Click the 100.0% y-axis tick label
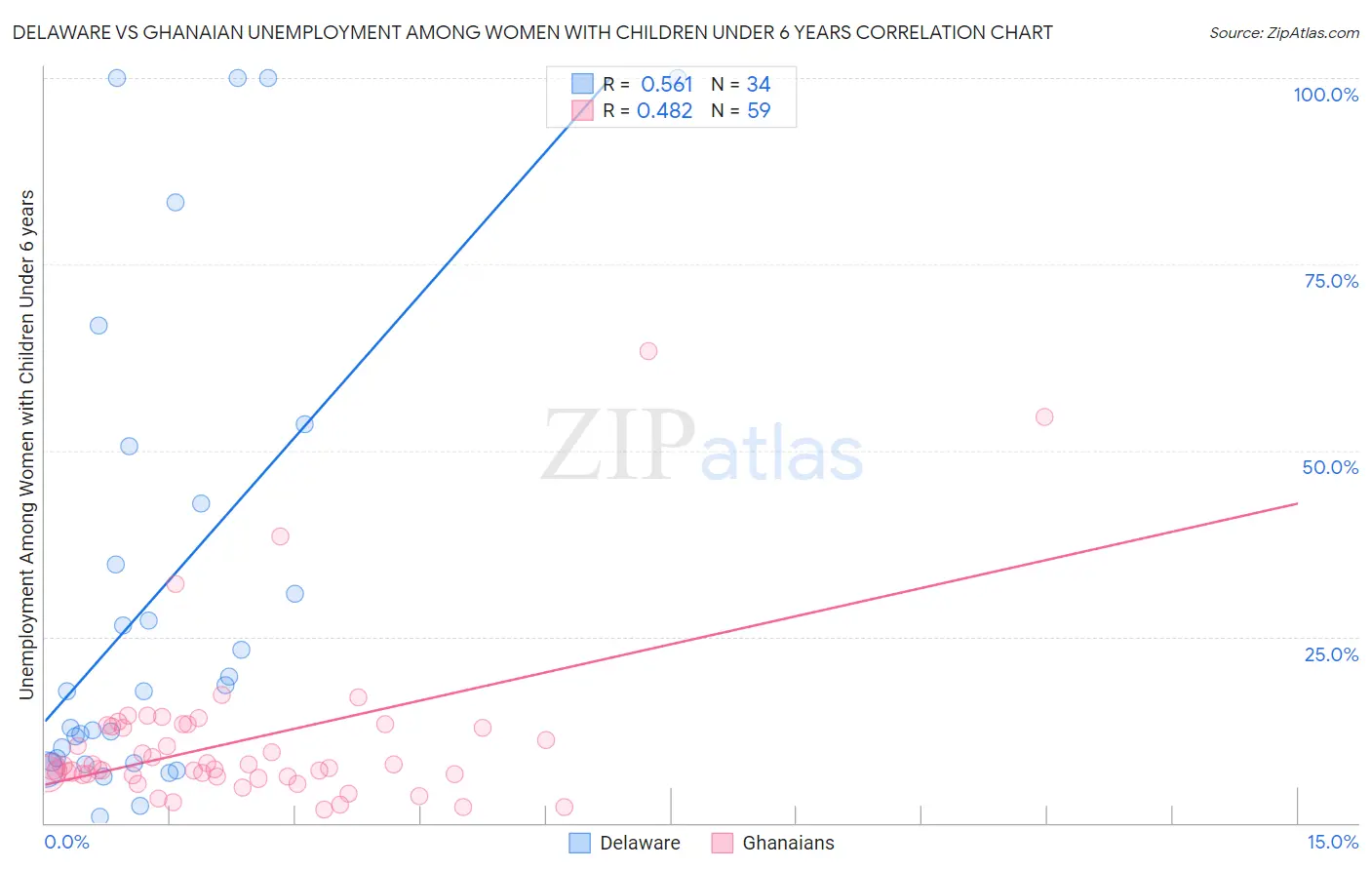pyautogui.click(x=1325, y=95)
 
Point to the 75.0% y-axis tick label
pyautogui.click(x=1331, y=281)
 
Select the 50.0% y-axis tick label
pyautogui.click(x=1330, y=467)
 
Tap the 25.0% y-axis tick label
pyautogui.click(x=1331, y=653)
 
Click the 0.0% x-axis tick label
pyautogui.click(x=66, y=842)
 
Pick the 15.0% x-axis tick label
pyautogui.click(x=1332, y=842)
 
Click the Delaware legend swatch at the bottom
pyautogui.click(x=580, y=843)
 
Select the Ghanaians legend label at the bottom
pyautogui.click(x=788, y=843)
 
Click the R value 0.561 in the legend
pyautogui.click(x=666, y=84)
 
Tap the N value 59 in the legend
pyautogui.click(x=759, y=110)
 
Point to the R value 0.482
pyautogui.click(x=664, y=110)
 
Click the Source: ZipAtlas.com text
pyautogui.click(x=1283, y=32)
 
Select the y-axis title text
pyautogui.click(x=26, y=445)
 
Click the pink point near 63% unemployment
pyautogui.click(x=648, y=351)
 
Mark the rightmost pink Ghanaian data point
pyautogui.click(x=1044, y=417)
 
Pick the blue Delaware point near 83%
pyautogui.click(x=176, y=203)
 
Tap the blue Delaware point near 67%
pyautogui.click(x=98, y=326)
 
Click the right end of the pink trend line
pyautogui.click(x=1297, y=503)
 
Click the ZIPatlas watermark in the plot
pyautogui.click(x=702, y=447)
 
